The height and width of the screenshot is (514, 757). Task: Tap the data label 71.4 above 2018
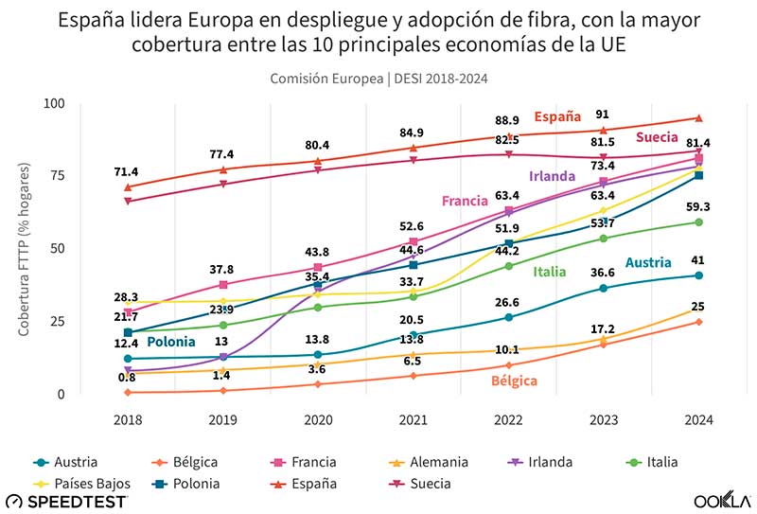tap(127, 171)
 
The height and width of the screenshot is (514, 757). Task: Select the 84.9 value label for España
tap(413, 133)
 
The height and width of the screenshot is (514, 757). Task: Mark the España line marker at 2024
tap(698, 118)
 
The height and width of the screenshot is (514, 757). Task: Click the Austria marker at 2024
tap(698, 275)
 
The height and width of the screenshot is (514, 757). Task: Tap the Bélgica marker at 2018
tap(128, 392)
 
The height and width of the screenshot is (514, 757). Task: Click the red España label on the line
tap(557, 117)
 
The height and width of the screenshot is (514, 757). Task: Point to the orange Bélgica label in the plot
tap(514, 381)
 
